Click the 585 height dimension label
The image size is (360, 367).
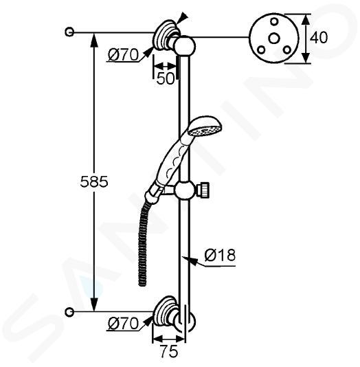click(94, 181)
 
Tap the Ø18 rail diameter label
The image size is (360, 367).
click(220, 255)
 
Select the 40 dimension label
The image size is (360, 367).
click(319, 37)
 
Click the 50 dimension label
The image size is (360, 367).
click(166, 78)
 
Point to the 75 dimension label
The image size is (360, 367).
click(169, 351)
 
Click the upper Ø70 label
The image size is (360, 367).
click(123, 55)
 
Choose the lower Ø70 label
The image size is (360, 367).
click(123, 324)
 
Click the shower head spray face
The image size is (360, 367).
click(205, 131)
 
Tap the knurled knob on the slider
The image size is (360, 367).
click(204, 190)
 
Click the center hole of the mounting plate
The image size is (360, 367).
click(273, 38)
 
